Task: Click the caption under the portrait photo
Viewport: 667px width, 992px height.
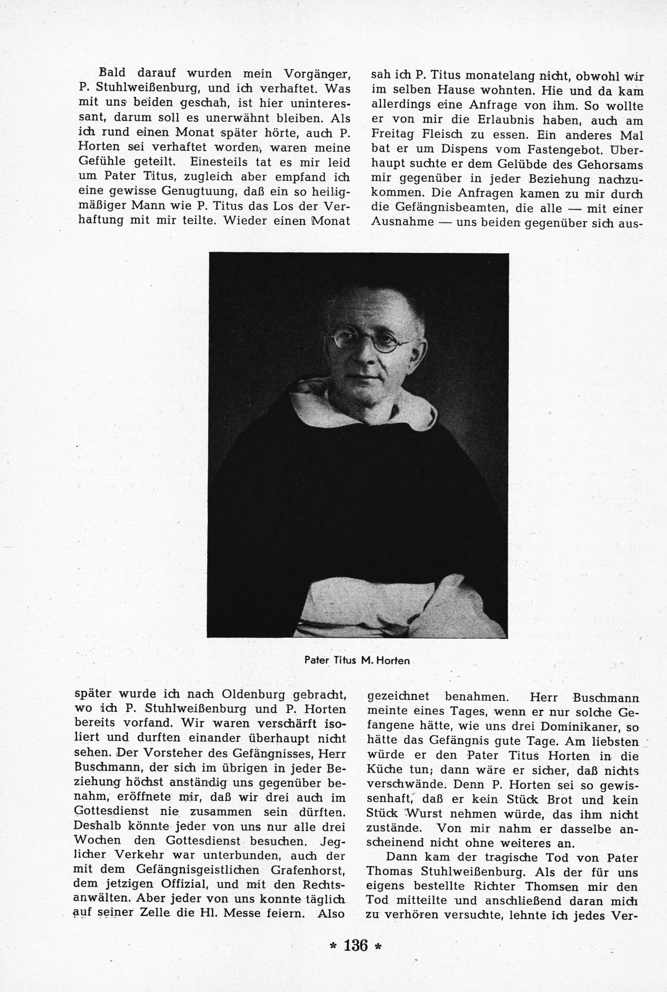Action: [357, 661]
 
